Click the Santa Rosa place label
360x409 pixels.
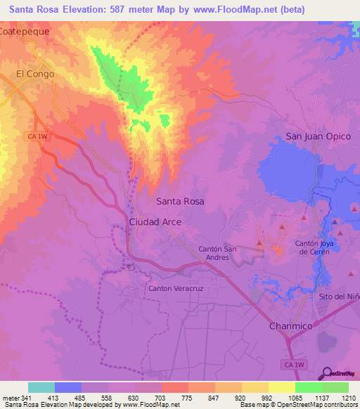point(180,201)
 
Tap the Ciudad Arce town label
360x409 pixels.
point(155,221)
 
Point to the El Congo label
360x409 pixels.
point(35,73)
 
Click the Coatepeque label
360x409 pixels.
point(26,32)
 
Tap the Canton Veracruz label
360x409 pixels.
point(175,288)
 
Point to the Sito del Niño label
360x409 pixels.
point(340,297)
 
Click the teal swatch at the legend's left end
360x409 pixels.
point(41,387)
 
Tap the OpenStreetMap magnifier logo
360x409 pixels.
point(326,374)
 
